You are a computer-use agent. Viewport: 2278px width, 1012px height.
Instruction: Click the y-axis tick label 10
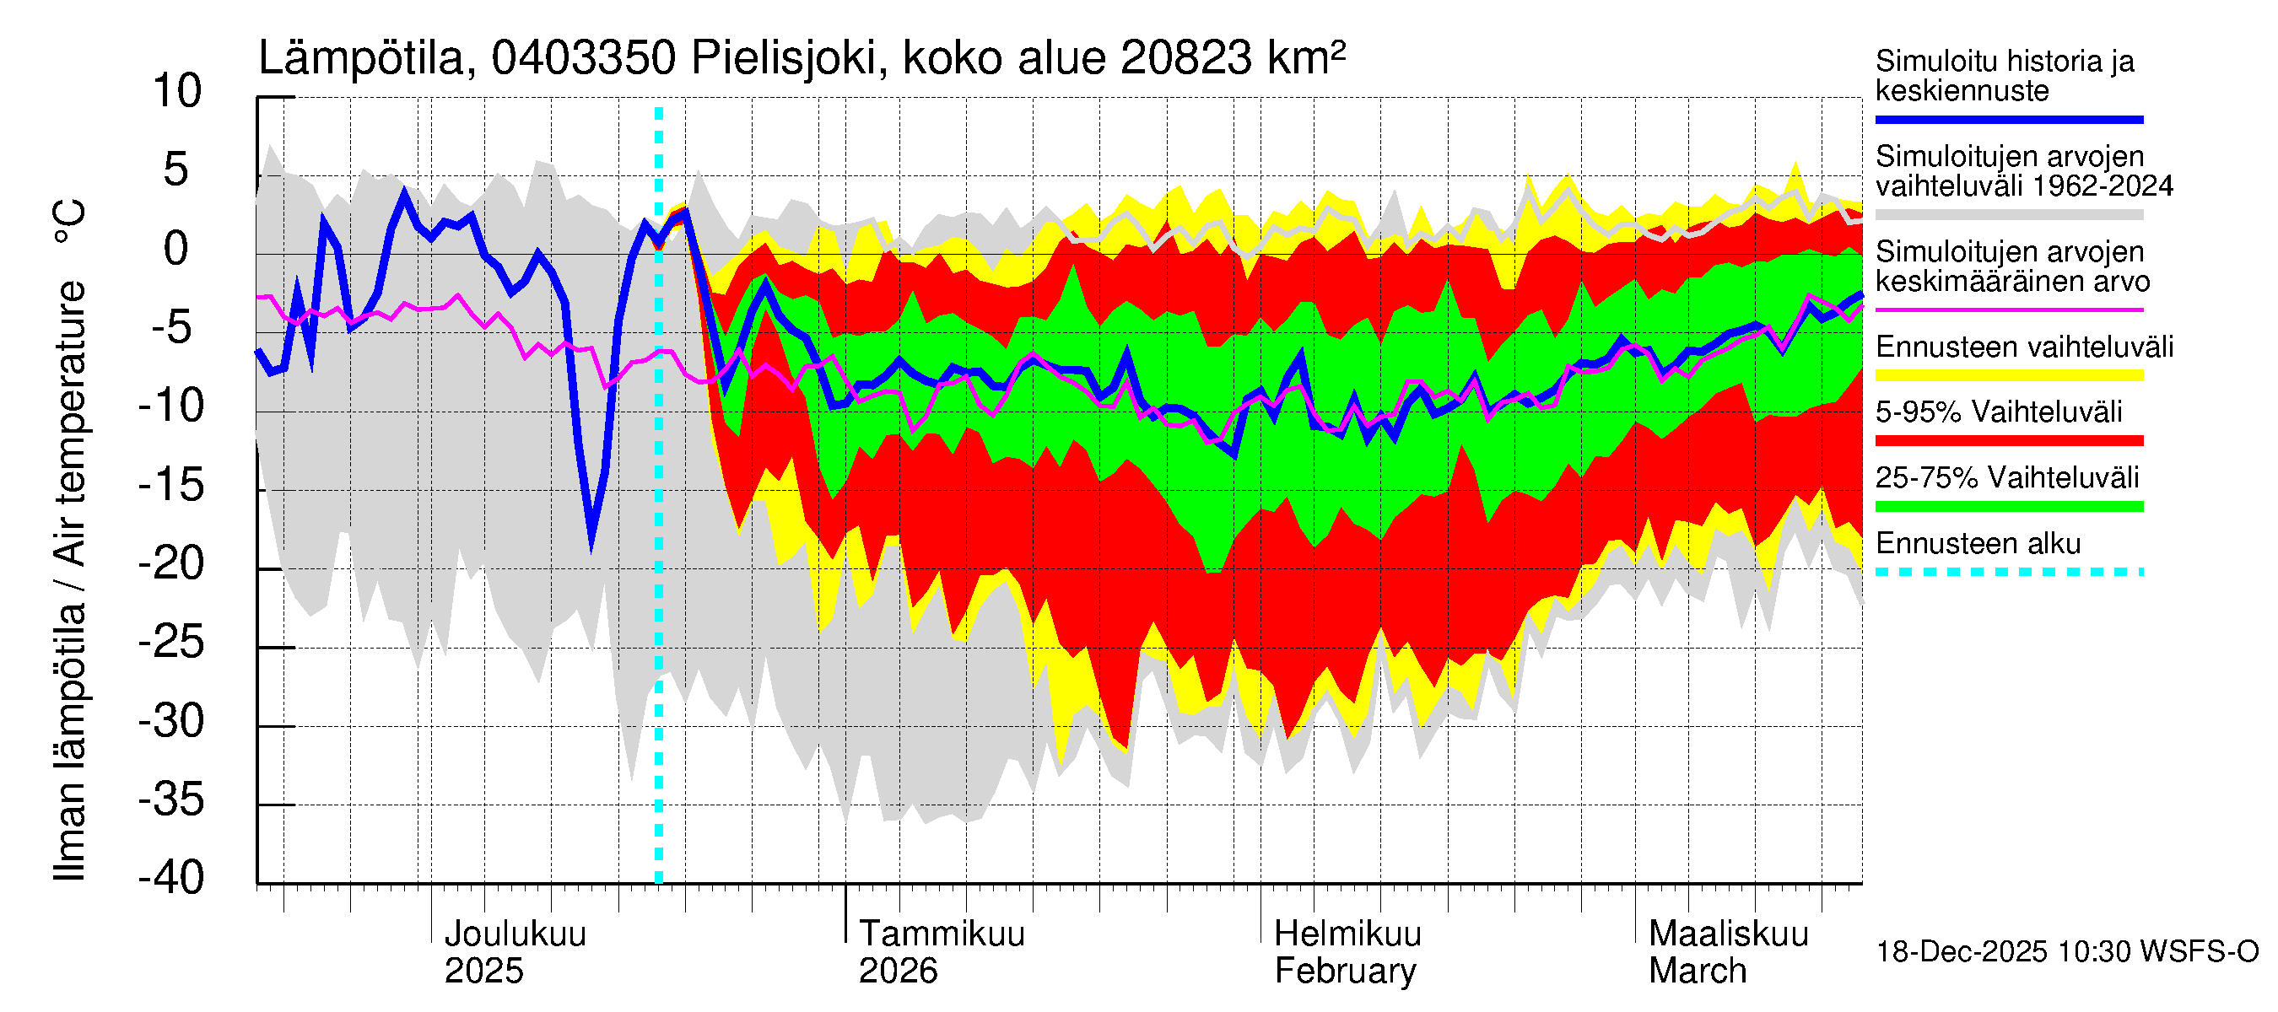point(177,92)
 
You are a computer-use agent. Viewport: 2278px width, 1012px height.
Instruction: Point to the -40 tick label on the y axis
point(171,878)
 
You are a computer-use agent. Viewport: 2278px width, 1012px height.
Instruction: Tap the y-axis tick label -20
point(171,564)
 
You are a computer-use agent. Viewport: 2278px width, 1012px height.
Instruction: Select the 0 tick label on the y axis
point(176,250)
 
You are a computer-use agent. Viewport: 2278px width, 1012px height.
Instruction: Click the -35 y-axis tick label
point(171,799)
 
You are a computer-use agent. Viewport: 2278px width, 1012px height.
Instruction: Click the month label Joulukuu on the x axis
point(515,934)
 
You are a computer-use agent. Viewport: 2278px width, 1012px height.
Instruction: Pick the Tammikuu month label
point(942,934)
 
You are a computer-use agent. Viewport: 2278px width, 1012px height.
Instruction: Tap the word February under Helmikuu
point(1345,972)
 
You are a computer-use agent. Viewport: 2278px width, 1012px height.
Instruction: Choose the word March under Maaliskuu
point(1698,972)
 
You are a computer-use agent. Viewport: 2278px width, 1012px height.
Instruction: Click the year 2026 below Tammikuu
point(898,972)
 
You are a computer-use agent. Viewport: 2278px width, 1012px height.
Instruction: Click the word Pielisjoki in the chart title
point(785,58)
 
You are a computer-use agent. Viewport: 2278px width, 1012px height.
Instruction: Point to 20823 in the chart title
point(1186,58)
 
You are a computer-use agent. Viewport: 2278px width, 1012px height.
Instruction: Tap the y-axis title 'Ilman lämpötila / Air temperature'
point(71,539)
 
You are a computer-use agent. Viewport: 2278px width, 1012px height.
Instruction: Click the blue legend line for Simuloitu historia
point(2009,119)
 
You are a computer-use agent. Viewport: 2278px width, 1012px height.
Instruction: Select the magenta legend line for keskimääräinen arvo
point(2009,310)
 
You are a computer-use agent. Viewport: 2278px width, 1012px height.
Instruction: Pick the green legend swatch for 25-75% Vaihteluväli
point(2009,507)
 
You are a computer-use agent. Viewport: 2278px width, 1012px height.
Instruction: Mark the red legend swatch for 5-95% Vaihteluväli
point(2009,440)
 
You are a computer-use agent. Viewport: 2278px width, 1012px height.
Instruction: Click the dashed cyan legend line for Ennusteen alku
point(2009,572)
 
